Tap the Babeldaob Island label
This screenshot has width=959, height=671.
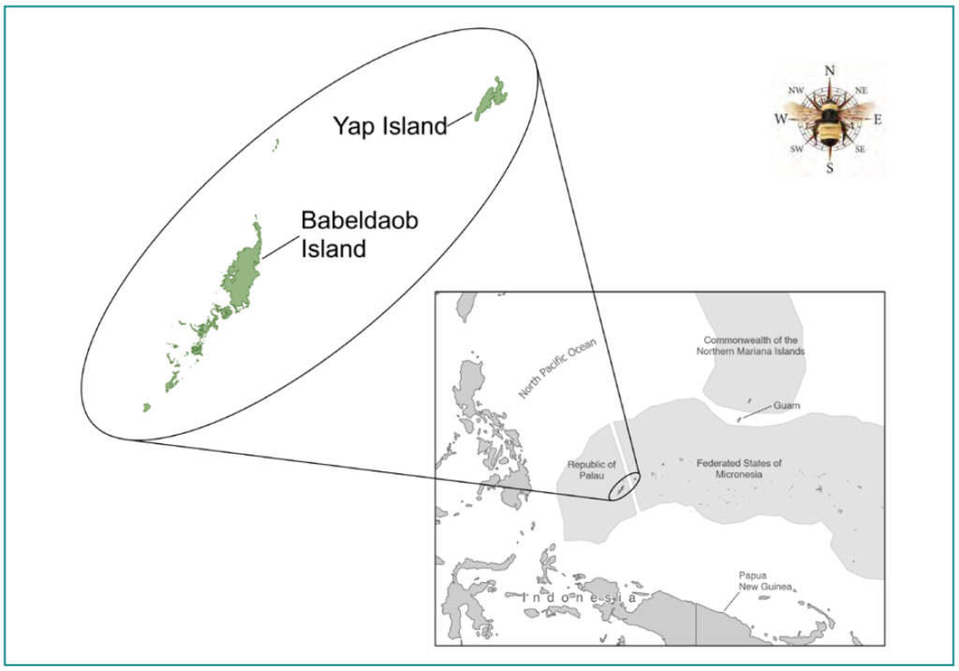coord(359,234)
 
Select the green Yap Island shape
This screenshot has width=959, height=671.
coord(490,98)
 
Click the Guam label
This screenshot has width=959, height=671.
coord(787,406)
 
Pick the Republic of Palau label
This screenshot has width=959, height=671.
coord(592,470)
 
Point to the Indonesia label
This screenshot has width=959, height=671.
coord(581,597)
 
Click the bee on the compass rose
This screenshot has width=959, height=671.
coord(828,122)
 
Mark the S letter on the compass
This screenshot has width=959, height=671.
coord(829,169)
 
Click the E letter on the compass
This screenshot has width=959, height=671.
coord(878,120)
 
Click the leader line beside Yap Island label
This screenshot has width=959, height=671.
coord(460,119)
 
